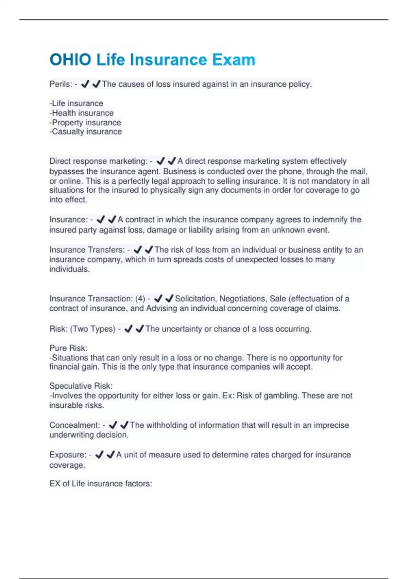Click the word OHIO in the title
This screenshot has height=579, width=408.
(70, 60)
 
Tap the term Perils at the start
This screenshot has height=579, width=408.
(60, 84)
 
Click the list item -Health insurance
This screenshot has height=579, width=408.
(82, 113)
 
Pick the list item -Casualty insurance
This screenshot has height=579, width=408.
(86, 132)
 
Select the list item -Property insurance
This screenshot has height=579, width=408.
(85, 122)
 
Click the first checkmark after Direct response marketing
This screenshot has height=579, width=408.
(160, 161)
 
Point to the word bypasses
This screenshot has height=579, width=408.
(67, 171)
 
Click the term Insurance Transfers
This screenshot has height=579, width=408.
(87, 250)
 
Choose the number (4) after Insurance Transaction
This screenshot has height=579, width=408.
(140, 299)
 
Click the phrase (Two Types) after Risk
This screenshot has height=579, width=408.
(93, 329)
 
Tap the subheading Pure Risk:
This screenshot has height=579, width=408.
(68, 348)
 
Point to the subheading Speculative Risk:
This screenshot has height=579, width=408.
(81, 386)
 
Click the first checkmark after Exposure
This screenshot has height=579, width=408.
(99, 455)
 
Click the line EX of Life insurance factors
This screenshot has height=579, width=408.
(101, 484)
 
